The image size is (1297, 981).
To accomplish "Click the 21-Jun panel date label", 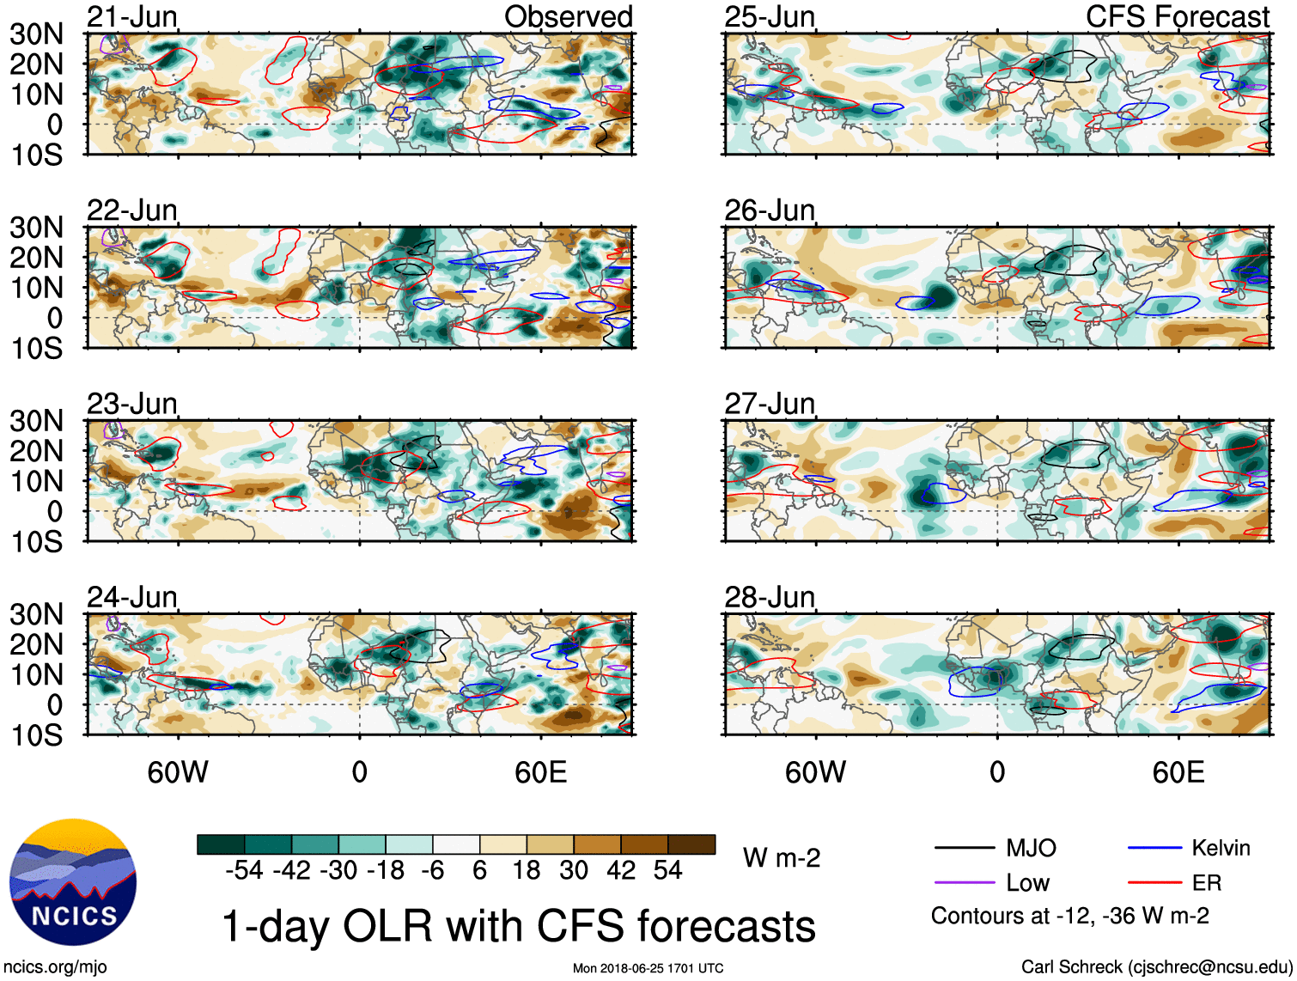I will click(x=132, y=16).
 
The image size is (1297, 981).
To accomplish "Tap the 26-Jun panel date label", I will click(x=770, y=210).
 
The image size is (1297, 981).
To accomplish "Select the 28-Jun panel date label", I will click(x=770, y=596).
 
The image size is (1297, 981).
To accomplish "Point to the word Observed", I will click(x=568, y=16).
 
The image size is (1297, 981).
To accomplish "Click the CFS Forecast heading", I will click(x=1177, y=16).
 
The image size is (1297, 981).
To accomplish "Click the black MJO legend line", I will click(x=964, y=849).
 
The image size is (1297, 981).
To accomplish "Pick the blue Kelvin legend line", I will click(x=1155, y=849).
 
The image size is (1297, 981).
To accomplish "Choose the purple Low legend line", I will click(x=964, y=883).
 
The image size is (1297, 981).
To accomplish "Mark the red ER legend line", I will click(x=1155, y=883).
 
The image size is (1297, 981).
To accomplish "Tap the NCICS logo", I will click(x=73, y=882).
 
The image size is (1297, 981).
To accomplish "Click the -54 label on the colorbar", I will click(x=244, y=871).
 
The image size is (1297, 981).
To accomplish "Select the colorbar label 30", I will click(x=574, y=871).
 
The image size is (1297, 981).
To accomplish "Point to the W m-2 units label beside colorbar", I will click(x=782, y=857).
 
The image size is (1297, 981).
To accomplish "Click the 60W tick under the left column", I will click(x=178, y=772).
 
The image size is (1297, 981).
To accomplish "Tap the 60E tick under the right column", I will click(x=1178, y=772).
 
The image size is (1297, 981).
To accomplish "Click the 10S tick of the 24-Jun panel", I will click(x=36, y=735).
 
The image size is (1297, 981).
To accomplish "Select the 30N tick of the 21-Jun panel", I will click(x=36, y=34).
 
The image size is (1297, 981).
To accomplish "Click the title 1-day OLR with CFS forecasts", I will click(x=518, y=926).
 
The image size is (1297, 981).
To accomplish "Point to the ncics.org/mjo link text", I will click(x=55, y=967).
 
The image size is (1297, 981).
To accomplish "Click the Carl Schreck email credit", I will click(x=1156, y=967).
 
